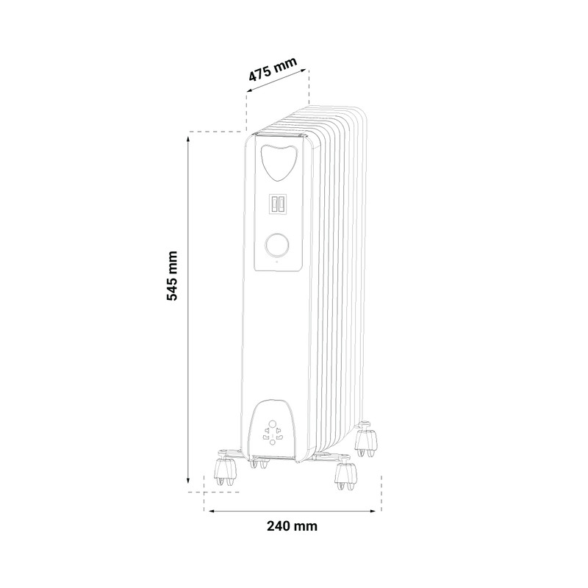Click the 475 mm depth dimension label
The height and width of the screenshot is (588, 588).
pos(273,69)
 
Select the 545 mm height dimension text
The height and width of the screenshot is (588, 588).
pos(172,276)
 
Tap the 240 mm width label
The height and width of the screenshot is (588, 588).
pos(292,526)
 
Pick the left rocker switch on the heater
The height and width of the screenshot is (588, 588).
pos(273,204)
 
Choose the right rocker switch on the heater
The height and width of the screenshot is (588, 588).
pos(282,204)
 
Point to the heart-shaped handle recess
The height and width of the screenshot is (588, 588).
pos(279,162)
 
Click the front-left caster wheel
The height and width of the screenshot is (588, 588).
pos(225,473)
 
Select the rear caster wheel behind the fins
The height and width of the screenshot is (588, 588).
pos(365,440)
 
